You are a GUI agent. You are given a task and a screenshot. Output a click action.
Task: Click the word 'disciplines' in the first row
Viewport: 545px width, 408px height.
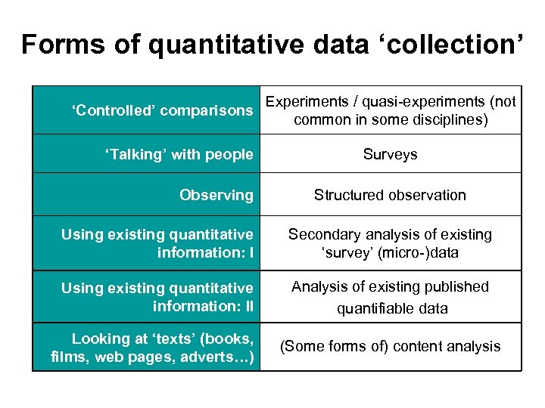(x=447, y=119)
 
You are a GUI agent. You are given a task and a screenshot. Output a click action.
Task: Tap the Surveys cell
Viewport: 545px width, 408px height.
(x=390, y=155)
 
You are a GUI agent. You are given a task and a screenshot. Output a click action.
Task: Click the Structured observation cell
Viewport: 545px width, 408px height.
(x=390, y=195)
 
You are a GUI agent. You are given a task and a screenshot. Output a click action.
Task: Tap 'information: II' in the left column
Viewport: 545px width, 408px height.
(x=202, y=306)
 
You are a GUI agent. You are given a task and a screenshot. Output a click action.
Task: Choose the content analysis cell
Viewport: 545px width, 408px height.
(x=390, y=347)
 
